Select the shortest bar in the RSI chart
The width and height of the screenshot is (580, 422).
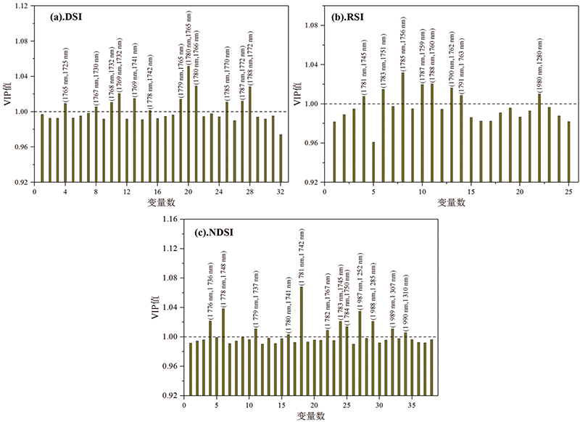coord(373,162)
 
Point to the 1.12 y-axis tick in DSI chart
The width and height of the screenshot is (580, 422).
coord(22,6)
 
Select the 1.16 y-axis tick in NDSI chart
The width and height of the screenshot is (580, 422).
coord(169,220)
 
